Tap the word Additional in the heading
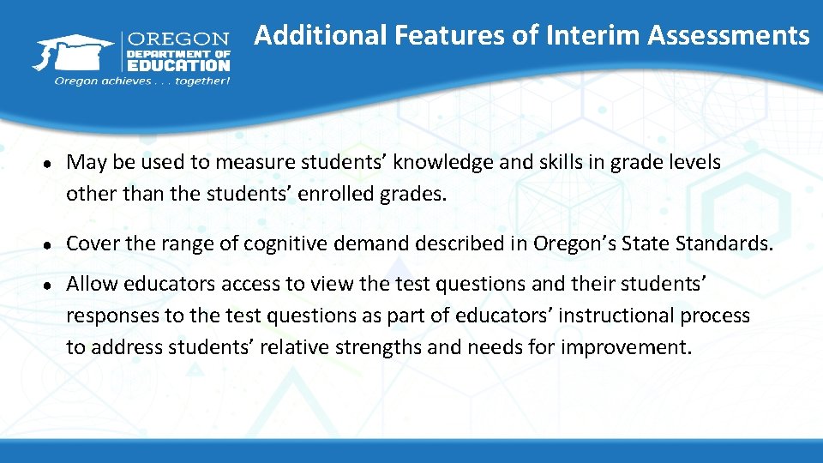point(321,35)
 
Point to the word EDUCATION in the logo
point(178,65)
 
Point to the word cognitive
point(285,244)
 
